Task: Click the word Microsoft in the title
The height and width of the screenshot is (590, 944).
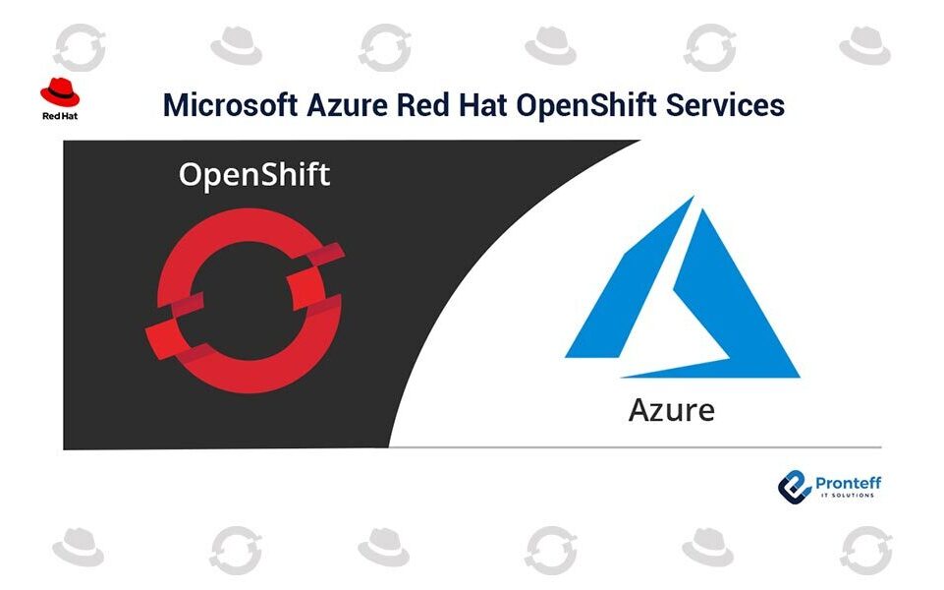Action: tap(230, 105)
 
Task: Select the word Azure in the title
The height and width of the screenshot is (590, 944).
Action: tap(347, 105)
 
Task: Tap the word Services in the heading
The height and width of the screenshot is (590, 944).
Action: tap(725, 105)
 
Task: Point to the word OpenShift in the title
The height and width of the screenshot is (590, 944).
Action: tap(585, 105)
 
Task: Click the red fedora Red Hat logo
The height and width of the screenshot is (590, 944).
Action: tap(60, 92)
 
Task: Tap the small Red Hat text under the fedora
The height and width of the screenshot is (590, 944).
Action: tap(60, 116)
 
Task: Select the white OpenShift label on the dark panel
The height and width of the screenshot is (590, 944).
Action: tap(254, 175)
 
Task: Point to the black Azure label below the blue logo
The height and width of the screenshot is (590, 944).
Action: tap(671, 410)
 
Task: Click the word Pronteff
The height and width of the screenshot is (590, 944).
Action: tap(848, 483)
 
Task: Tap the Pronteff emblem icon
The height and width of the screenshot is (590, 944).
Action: tap(794, 487)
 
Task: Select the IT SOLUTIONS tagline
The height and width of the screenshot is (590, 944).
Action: tap(847, 496)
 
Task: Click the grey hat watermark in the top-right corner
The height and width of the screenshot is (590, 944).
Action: tap(864, 45)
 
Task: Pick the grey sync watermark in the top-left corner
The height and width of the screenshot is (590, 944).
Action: tap(80, 47)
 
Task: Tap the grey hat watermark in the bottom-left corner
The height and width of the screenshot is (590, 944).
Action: tap(78, 547)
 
